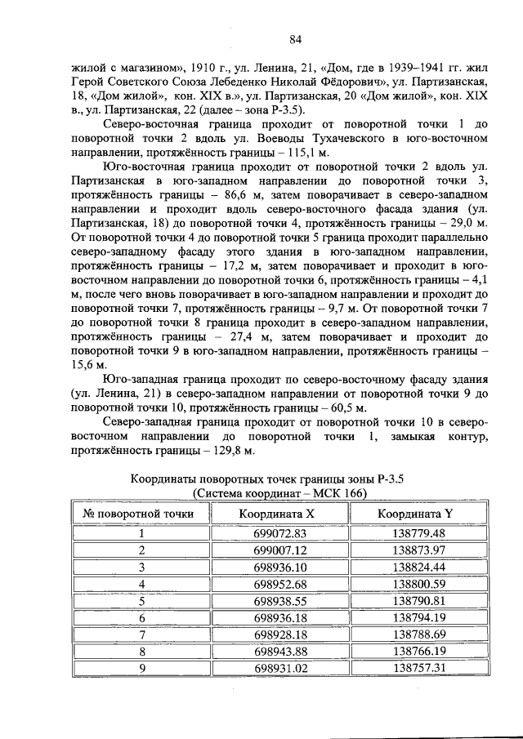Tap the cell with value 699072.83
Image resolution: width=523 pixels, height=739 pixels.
pos(279,533)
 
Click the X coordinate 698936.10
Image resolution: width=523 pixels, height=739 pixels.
pos(279,567)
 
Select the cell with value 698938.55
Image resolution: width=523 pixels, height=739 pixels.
pos(279,600)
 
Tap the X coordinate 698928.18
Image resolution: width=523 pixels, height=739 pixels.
pos(279,634)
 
